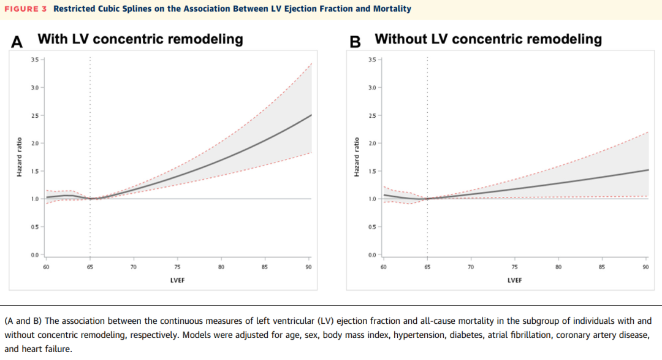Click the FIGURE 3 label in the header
coord(26,9)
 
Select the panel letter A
coord(17,42)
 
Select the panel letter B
coord(355,42)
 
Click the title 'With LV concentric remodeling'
coord(140,39)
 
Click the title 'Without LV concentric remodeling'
coord(488,39)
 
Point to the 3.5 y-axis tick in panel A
coord(34,59)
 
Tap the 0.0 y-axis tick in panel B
coord(372,255)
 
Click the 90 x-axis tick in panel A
coord(308,267)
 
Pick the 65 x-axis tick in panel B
coord(427,267)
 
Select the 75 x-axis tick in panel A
coord(177,267)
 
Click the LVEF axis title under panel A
coord(178,280)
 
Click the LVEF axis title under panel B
coord(515,280)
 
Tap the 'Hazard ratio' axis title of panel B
coord(357,157)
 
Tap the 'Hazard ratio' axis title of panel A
coord(20,157)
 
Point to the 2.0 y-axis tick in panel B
coord(372,144)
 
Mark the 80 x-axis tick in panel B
coord(558,267)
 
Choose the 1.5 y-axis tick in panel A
coord(34,171)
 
